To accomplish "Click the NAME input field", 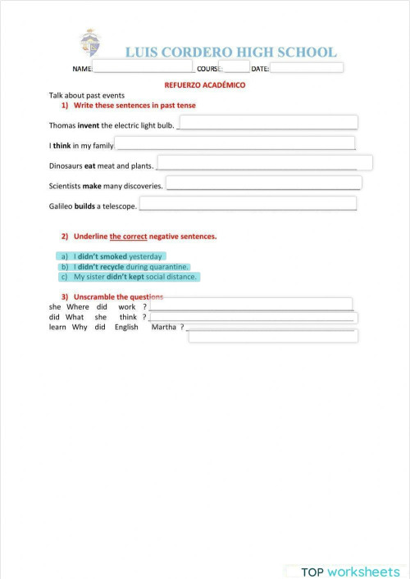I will tap(143, 67).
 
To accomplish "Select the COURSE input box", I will tap(236, 67).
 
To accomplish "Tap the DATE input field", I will tap(307, 68).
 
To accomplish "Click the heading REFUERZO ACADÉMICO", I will tap(205, 84).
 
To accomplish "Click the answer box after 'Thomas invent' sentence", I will tap(267, 122).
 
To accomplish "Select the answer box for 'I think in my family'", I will tap(235, 143).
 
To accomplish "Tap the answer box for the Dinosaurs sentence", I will tap(265, 162).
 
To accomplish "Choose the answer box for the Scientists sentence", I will tap(263, 183).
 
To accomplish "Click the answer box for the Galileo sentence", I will tap(248, 203).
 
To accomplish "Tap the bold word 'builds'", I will tap(84, 206).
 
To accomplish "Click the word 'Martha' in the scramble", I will tap(164, 328).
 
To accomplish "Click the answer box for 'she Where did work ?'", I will tap(251, 304).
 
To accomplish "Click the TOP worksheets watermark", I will tap(349, 572).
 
